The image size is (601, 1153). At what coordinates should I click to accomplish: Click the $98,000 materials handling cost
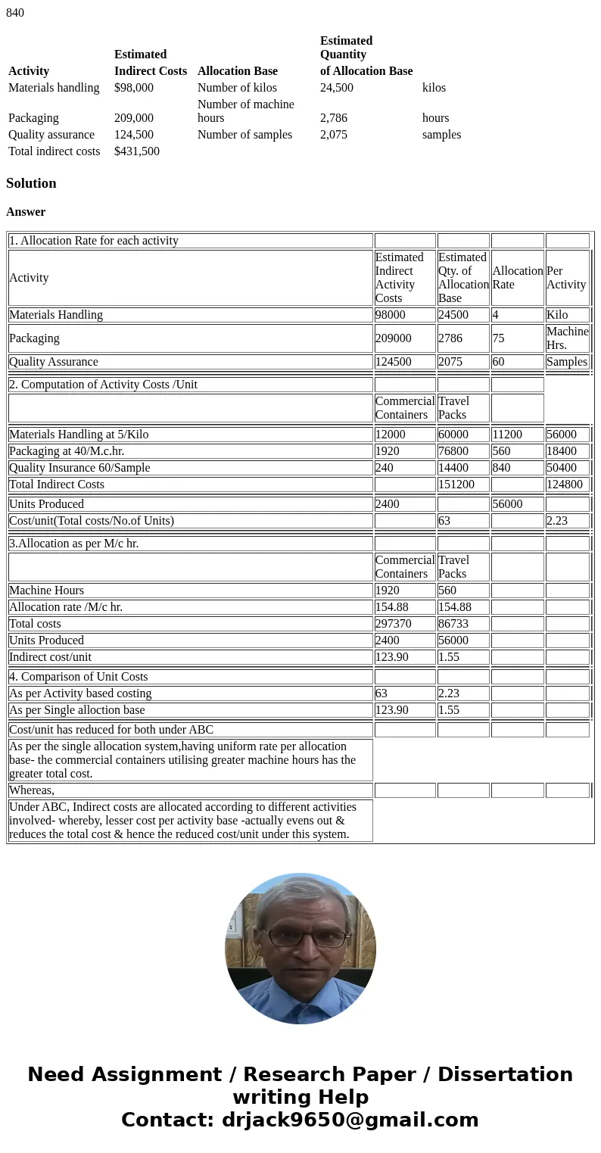(x=134, y=88)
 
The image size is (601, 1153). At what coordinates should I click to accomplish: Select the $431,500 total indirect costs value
(x=137, y=151)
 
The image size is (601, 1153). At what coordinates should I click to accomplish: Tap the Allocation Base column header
(x=237, y=71)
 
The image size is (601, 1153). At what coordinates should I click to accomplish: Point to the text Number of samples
(x=244, y=135)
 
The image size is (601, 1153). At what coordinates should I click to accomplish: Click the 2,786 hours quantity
(x=334, y=118)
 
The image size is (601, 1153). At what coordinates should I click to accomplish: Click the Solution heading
(x=31, y=183)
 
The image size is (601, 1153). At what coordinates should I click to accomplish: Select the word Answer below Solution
(x=26, y=212)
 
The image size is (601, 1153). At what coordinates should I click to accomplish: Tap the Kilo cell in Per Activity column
(x=557, y=315)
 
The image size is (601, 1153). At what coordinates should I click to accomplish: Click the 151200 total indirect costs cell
(x=456, y=485)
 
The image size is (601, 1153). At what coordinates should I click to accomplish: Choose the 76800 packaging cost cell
(x=453, y=451)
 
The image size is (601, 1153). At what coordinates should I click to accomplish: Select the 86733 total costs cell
(x=453, y=624)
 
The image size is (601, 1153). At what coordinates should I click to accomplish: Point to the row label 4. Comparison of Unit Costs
(x=79, y=677)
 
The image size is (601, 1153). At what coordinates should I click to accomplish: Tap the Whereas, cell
(x=32, y=790)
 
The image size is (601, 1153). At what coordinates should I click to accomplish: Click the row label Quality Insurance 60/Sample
(x=79, y=468)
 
